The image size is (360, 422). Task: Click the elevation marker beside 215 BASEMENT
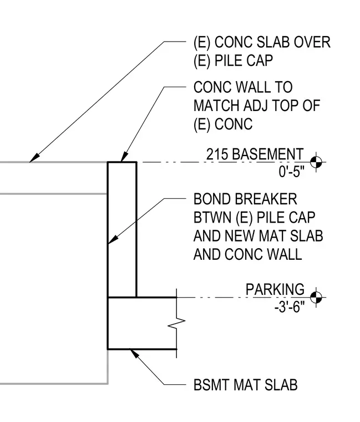tap(316, 162)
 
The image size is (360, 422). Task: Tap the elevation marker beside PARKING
tap(316, 298)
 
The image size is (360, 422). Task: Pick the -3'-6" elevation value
tap(290, 307)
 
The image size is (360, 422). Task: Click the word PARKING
tap(275, 289)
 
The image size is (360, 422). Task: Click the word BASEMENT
tap(267, 154)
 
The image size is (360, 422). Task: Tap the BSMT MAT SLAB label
tap(246, 385)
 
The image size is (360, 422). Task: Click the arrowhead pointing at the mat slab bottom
tap(134, 353)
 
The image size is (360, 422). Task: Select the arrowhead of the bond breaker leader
tap(113, 239)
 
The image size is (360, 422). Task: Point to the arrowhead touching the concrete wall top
tap(124, 157)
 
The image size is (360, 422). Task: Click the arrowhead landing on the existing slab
tap(34, 158)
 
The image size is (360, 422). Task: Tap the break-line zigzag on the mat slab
tap(176, 323)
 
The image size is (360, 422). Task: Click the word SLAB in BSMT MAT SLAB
tap(281, 385)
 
